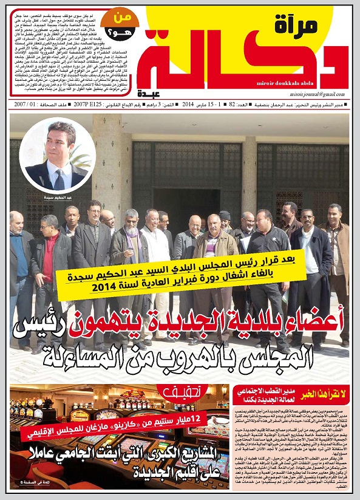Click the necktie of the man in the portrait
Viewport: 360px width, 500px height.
[x=59, y=180]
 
